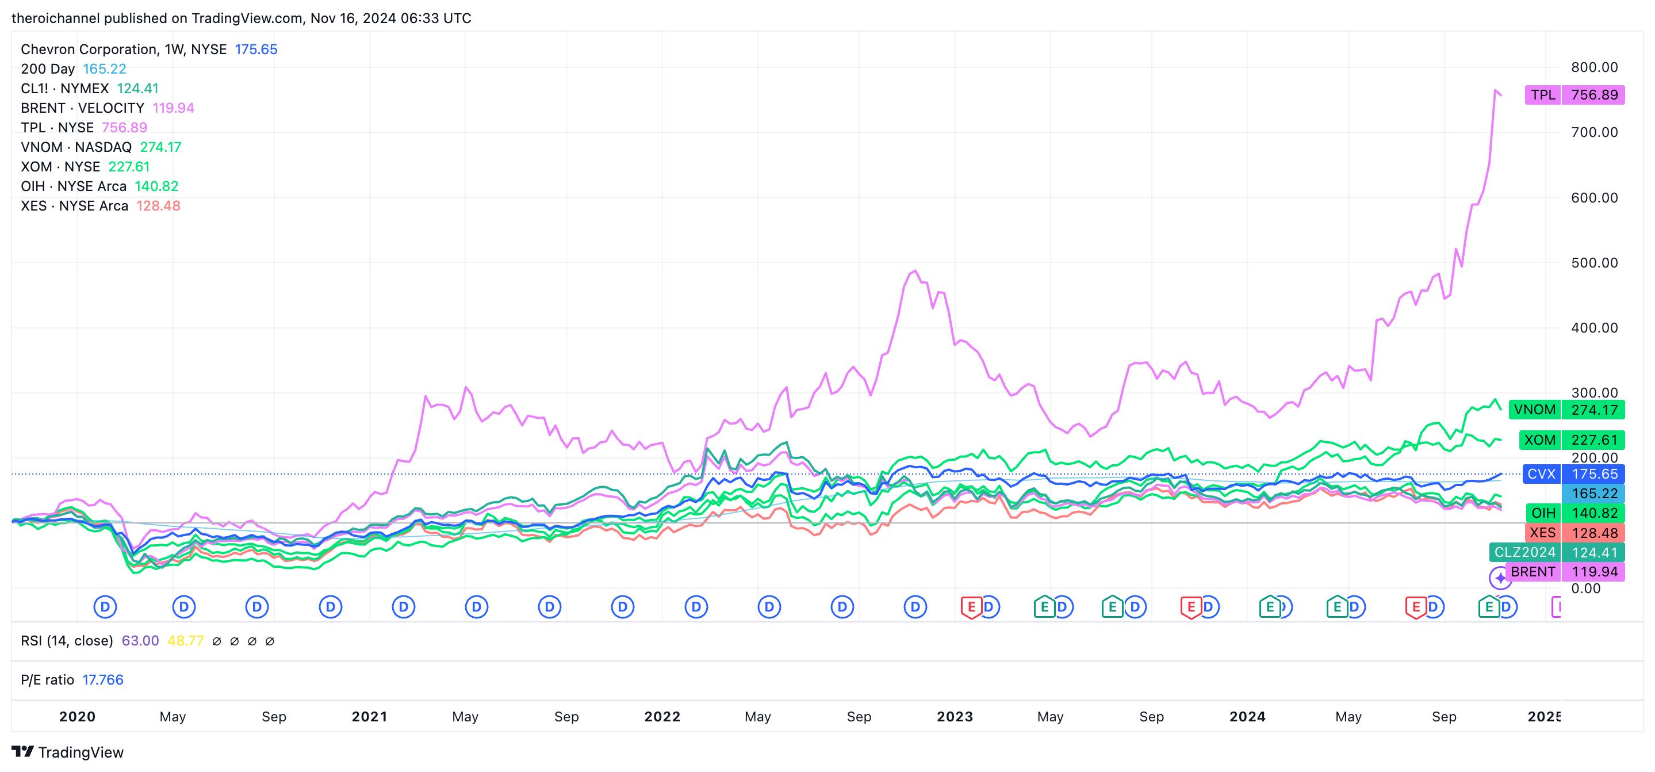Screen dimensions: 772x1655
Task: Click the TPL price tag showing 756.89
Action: point(1574,95)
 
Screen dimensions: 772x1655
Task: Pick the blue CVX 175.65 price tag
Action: point(1573,474)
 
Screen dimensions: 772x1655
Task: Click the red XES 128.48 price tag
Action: point(1574,533)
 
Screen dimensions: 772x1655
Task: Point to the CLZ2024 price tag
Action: point(1556,552)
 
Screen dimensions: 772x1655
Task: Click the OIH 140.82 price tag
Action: point(1574,513)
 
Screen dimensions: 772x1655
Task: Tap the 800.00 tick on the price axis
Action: point(1594,67)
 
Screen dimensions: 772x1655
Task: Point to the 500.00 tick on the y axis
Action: point(1594,263)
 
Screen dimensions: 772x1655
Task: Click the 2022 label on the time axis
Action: point(662,717)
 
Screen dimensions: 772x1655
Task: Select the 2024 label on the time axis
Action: point(1247,717)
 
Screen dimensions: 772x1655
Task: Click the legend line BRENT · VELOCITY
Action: point(82,108)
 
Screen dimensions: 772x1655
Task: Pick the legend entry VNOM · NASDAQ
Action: point(76,147)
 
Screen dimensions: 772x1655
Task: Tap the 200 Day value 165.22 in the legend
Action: point(105,69)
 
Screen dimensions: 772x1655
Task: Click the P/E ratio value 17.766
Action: point(103,679)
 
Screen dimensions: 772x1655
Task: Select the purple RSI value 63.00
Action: point(140,641)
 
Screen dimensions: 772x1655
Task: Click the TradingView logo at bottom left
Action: point(67,752)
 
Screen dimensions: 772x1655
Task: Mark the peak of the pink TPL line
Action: point(1495,91)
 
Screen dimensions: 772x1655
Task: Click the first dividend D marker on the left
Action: point(105,607)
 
